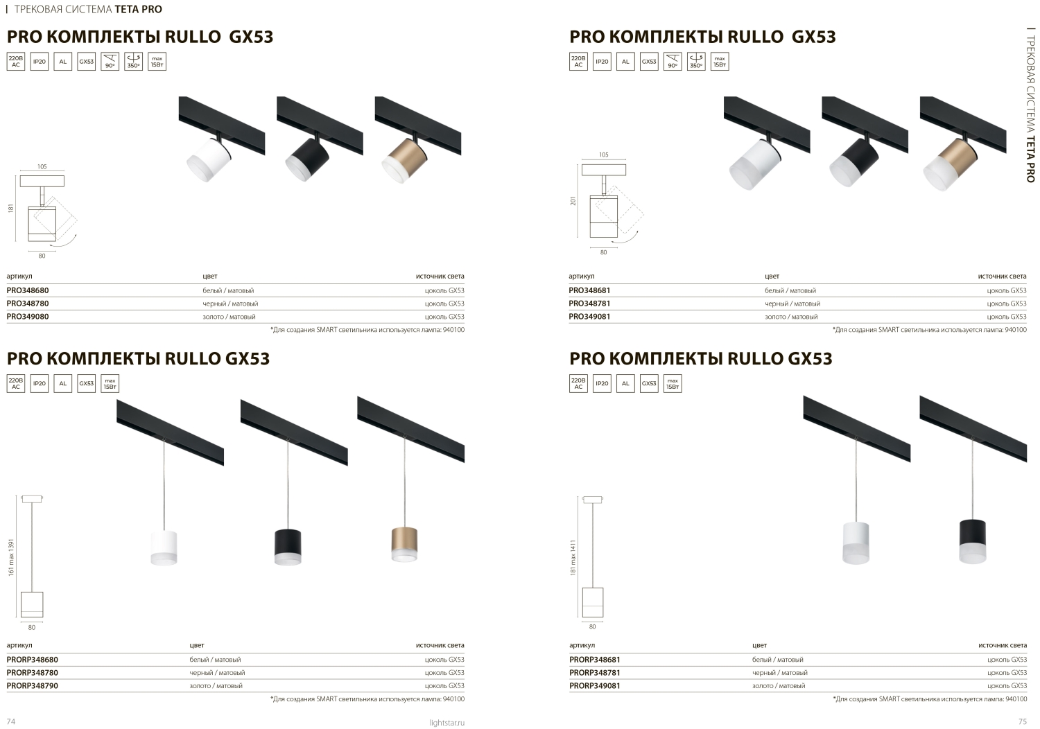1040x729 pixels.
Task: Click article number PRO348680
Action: (28, 290)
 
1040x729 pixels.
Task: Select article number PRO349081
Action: (589, 317)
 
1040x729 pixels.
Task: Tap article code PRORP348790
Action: (32, 685)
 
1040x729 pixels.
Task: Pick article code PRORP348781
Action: (595, 672)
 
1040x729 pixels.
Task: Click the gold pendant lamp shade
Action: (404, 544)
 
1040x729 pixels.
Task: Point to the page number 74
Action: (11, 721)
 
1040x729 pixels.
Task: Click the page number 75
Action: (1023, 721)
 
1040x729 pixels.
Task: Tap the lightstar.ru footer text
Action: (447, 723)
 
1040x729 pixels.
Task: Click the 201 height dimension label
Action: (573, 201)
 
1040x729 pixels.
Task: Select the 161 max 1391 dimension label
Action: (11, 557)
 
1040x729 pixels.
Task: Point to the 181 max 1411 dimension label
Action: (573, 557)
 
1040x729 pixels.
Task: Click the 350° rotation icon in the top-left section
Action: (133, 61)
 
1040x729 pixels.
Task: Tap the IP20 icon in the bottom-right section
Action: (602, 383)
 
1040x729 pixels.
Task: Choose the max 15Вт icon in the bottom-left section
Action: (110, 383)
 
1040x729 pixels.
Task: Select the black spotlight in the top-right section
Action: (853, 162)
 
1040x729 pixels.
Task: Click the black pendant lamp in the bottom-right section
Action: (973, 541)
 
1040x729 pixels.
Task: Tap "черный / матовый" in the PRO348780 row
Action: (230, 304)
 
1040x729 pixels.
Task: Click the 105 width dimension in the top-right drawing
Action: (603, 155)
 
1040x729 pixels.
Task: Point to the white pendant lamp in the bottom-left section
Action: (164, 548)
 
